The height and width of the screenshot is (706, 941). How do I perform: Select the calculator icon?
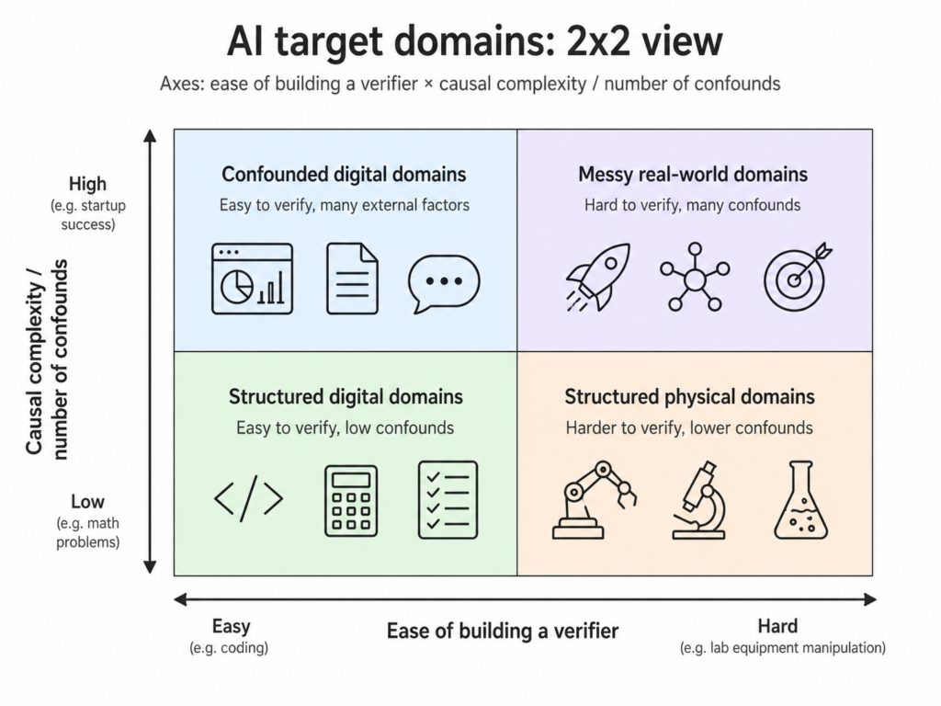[x=350, y=500]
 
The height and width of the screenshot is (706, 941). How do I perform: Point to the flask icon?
[x=800, y=501]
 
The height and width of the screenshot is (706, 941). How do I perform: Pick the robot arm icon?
[x=593, y=500]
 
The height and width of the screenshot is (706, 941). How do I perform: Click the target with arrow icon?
[x=795, y=275]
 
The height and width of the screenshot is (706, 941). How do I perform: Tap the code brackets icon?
[x=248, y=499]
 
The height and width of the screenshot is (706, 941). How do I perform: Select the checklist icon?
[x=448, y=499]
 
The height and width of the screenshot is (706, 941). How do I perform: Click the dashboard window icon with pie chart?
[x=252, y=279]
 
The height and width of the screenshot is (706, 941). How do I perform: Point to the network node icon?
[x=695, y=276]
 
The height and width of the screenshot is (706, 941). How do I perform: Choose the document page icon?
[x=352, y=279]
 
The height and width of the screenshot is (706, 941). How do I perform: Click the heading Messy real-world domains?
[x=693, y=174]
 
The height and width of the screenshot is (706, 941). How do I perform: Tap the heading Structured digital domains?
[x=346, y=397]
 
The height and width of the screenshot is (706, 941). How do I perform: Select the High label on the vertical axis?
[x=87, y=184]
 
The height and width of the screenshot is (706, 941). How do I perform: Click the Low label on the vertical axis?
[x=87, y=502]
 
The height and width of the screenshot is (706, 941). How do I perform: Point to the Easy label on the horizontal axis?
[x=231, y=626]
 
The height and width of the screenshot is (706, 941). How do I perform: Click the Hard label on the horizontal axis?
[x=777, y=626]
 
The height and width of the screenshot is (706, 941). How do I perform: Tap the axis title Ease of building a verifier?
[x=502, y=631]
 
